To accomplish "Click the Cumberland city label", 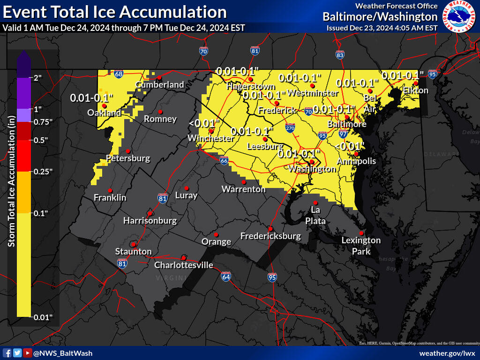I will tap(160, 85).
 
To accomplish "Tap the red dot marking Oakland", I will tap(104, 106).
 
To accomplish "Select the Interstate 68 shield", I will tap(119, 74).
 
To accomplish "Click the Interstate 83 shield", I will tap(340, 55).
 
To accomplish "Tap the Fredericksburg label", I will tap(270, 236).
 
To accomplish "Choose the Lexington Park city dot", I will tap(361, 233).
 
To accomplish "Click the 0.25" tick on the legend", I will tap(43, 172).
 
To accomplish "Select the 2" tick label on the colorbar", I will tap(38, 78).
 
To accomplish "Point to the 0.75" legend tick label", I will tap(43, 122).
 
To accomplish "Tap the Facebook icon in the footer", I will tap(7, 353).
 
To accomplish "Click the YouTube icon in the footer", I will tap(28, 353).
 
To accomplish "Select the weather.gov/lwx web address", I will tap(447, 353).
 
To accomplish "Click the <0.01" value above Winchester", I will tap(204, 123).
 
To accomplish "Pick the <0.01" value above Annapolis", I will tap(350, 146).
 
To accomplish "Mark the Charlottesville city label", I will tap(184, 265).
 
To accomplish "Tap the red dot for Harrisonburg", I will tap(150, 212).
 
